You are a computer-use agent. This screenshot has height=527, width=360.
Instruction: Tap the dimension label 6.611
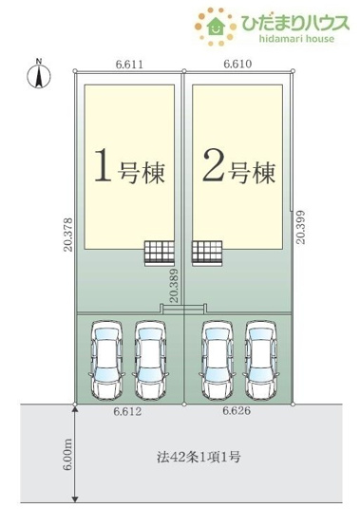click(x=129, y=64)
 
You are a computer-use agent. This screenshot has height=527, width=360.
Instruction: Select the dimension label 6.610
click(x=237, y=64)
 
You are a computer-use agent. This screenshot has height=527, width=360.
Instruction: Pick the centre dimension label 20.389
click(x=174, y=286)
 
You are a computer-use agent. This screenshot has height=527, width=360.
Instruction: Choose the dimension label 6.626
click(x=237, y=413)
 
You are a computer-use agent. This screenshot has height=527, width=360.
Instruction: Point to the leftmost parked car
click(x=104, y=360)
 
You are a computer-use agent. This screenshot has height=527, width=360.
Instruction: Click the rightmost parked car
click(x=261, y=360)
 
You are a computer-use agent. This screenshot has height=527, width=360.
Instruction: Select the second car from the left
click(x=151, y=360)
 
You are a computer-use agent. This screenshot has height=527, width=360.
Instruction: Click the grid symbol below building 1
click(x=158, y=252)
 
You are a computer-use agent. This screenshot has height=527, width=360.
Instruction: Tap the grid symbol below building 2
click(x=208, y=252)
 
